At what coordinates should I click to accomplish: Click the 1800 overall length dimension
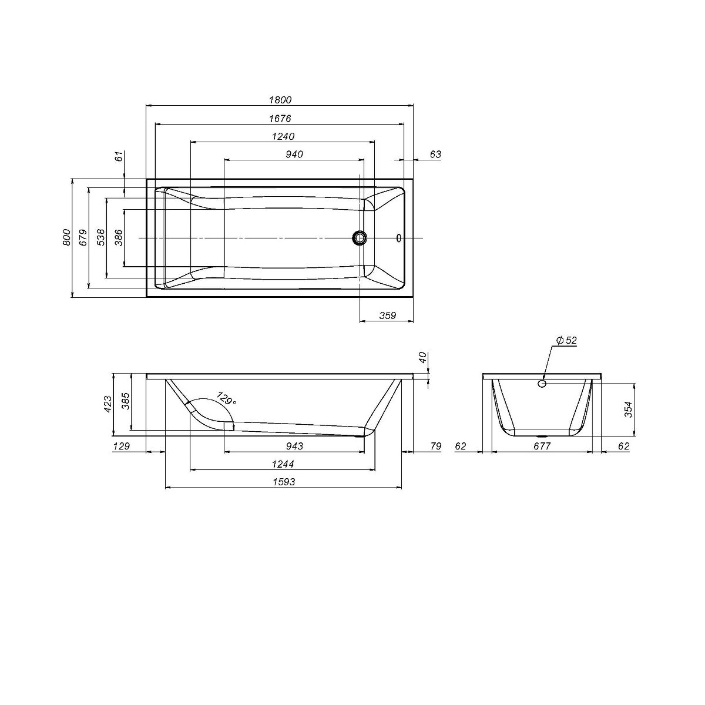pos(280,99)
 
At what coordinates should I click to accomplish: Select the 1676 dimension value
pos(280,119)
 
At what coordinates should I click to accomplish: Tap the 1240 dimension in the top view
pos(283,136)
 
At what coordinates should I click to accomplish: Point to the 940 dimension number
pos(294,155)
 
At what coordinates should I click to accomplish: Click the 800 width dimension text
pos(66,237)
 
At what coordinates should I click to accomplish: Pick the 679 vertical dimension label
pos(83,237)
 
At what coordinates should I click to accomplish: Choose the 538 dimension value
pos(101,237)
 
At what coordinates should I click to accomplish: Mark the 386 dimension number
pos(119,237)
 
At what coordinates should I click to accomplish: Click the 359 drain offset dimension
pos(387,315)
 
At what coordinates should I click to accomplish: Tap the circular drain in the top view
pos(360,238)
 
